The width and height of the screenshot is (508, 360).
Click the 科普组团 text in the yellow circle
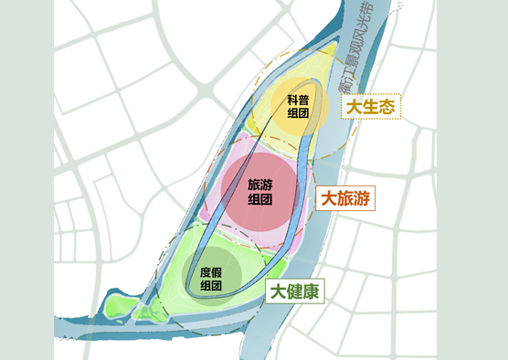(x=297, y=106)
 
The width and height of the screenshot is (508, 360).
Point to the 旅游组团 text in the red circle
(x=260, y=190)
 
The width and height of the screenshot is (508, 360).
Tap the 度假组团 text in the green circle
(x=211, y=279)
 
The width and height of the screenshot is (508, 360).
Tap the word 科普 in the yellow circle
(x=297, y=100)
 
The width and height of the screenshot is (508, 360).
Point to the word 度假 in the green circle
(x=211, y=272)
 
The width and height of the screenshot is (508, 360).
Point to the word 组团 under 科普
(x=297, y=113)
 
